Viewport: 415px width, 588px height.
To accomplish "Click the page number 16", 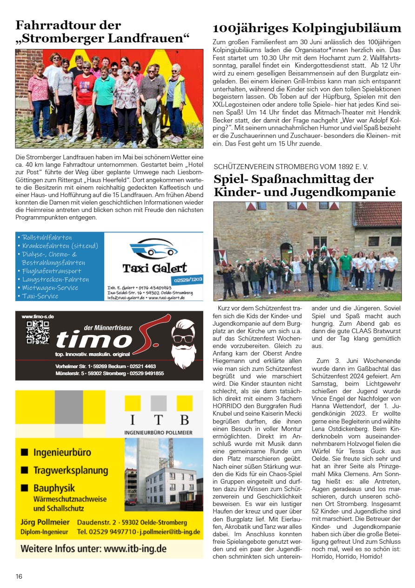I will [x=19, y=576].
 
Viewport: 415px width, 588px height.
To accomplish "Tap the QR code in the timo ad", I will [x=38, y=332].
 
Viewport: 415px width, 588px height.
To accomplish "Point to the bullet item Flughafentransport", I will [x=52, y=271].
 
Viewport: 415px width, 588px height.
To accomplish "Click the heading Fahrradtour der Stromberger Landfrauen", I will [x=102, y=32].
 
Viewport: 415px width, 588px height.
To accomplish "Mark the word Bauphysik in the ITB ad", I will [x=54, y=488].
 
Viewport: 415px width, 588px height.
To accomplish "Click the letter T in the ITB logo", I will [x=158, y=420].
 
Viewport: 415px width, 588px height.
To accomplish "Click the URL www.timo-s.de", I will [x=38, y=316].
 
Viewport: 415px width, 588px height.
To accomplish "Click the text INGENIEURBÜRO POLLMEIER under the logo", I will [x=158, y=432].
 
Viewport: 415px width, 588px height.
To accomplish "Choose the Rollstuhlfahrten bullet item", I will [x=47, y=238].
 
